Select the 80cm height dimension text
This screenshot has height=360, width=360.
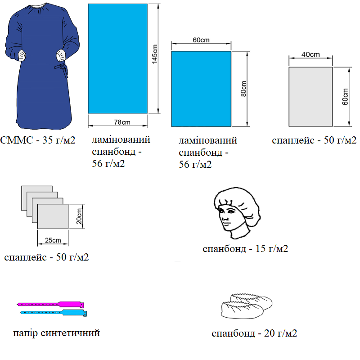tap(243, 89)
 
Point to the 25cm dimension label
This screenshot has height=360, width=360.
tap(53, 240)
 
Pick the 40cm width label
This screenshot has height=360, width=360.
tap(310, 55)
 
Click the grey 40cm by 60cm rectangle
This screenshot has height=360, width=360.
tap(310, 97)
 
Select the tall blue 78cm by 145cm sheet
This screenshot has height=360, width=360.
tap(117, 58)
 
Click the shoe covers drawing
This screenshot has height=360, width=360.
tap(245, 306)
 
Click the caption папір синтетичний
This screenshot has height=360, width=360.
tap(57, 333)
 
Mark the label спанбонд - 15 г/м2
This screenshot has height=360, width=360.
tap(245, 248)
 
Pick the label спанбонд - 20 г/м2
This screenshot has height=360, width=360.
tap(254, 333)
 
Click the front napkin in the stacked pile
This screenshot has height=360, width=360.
tap(53, 216)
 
